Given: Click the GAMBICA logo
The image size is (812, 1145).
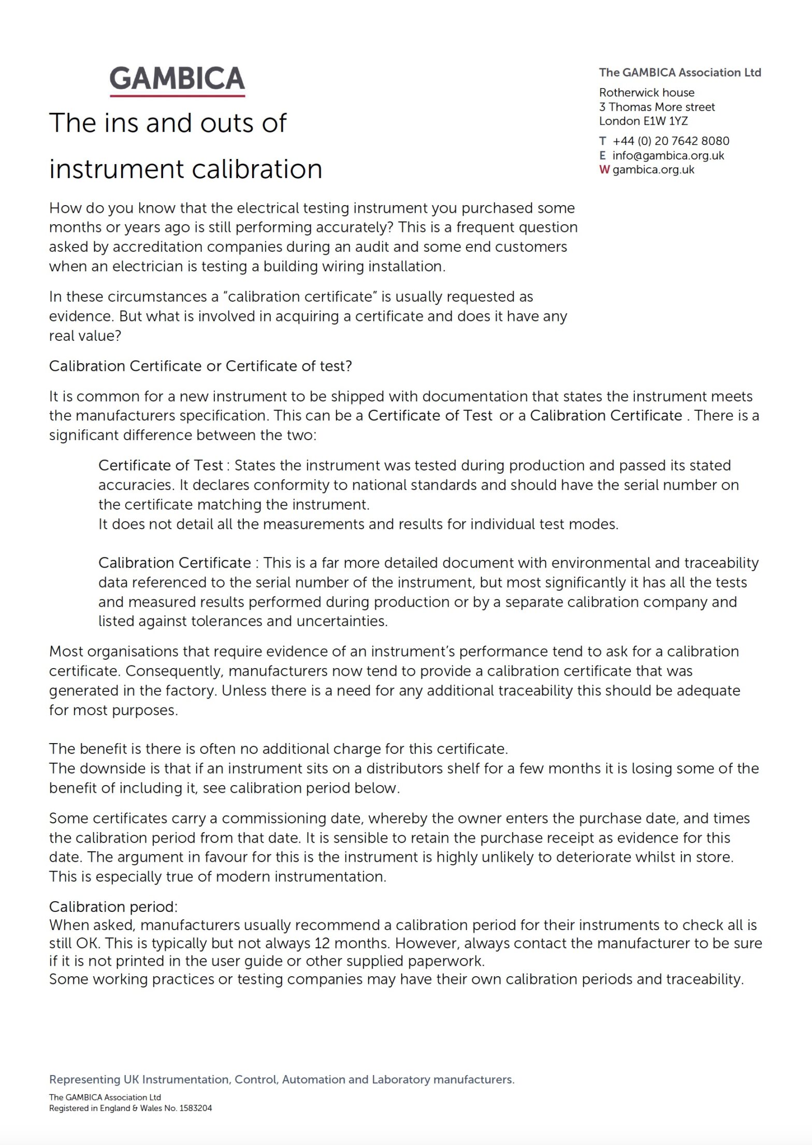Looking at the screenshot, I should coord(177,79).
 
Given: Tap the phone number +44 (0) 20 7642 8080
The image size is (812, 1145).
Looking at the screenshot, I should coord(671,141).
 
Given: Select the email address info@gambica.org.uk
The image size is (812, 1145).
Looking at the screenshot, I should coord(668,155).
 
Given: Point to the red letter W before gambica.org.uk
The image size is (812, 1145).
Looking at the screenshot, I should coord(604,170).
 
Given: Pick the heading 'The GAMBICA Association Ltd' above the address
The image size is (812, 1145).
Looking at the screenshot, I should coord(680,73).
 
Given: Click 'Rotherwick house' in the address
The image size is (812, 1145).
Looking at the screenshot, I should coord(647,93).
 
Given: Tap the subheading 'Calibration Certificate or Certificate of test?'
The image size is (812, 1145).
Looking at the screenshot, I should coord(200,366).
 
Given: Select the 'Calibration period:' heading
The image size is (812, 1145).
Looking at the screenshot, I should coord(113,907).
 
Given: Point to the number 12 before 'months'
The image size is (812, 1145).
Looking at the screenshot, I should coord(322,943).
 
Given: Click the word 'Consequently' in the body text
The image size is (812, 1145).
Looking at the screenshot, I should coord(174,671).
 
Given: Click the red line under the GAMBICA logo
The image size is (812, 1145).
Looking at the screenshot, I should coord(177,96).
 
